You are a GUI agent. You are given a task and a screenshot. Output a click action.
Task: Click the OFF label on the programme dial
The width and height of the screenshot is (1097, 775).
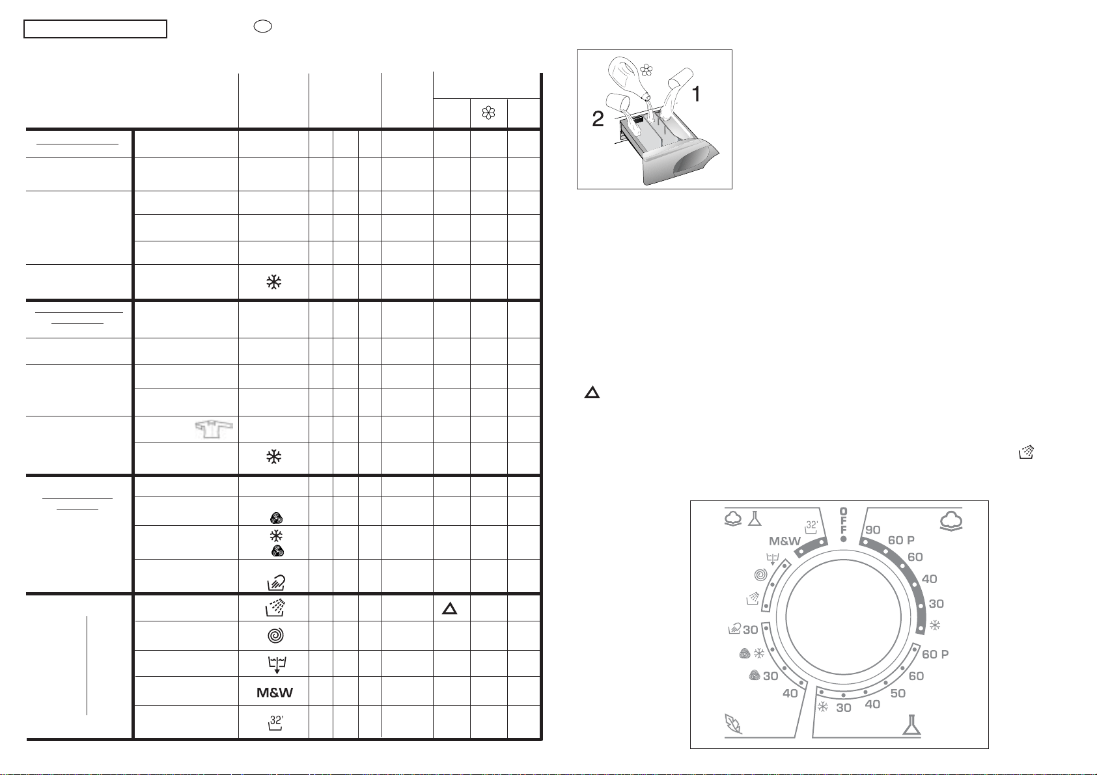tap(843, 521)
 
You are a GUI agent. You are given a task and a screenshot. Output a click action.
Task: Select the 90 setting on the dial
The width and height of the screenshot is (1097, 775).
tap(872, 530)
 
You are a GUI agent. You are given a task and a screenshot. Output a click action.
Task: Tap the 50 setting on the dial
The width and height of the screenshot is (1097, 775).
tap(898, 693)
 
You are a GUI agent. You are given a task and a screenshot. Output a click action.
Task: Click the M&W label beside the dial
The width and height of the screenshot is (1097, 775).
tap(785, 541)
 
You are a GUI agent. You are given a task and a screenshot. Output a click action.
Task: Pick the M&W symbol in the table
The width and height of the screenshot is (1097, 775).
tap(275, 692)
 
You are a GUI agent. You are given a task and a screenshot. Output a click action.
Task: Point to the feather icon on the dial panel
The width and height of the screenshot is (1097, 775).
tap(733, 724)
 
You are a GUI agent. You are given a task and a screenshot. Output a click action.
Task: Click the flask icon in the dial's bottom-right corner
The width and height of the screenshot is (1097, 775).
tap(911, 725)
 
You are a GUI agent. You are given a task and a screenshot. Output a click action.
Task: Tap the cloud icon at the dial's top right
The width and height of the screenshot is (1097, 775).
tap(951, 521)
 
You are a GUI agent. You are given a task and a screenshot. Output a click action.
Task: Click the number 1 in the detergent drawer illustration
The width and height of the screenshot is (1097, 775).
tap(696, 94)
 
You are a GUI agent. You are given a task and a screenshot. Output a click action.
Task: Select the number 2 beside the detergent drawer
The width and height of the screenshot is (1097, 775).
tap(598, 119)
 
